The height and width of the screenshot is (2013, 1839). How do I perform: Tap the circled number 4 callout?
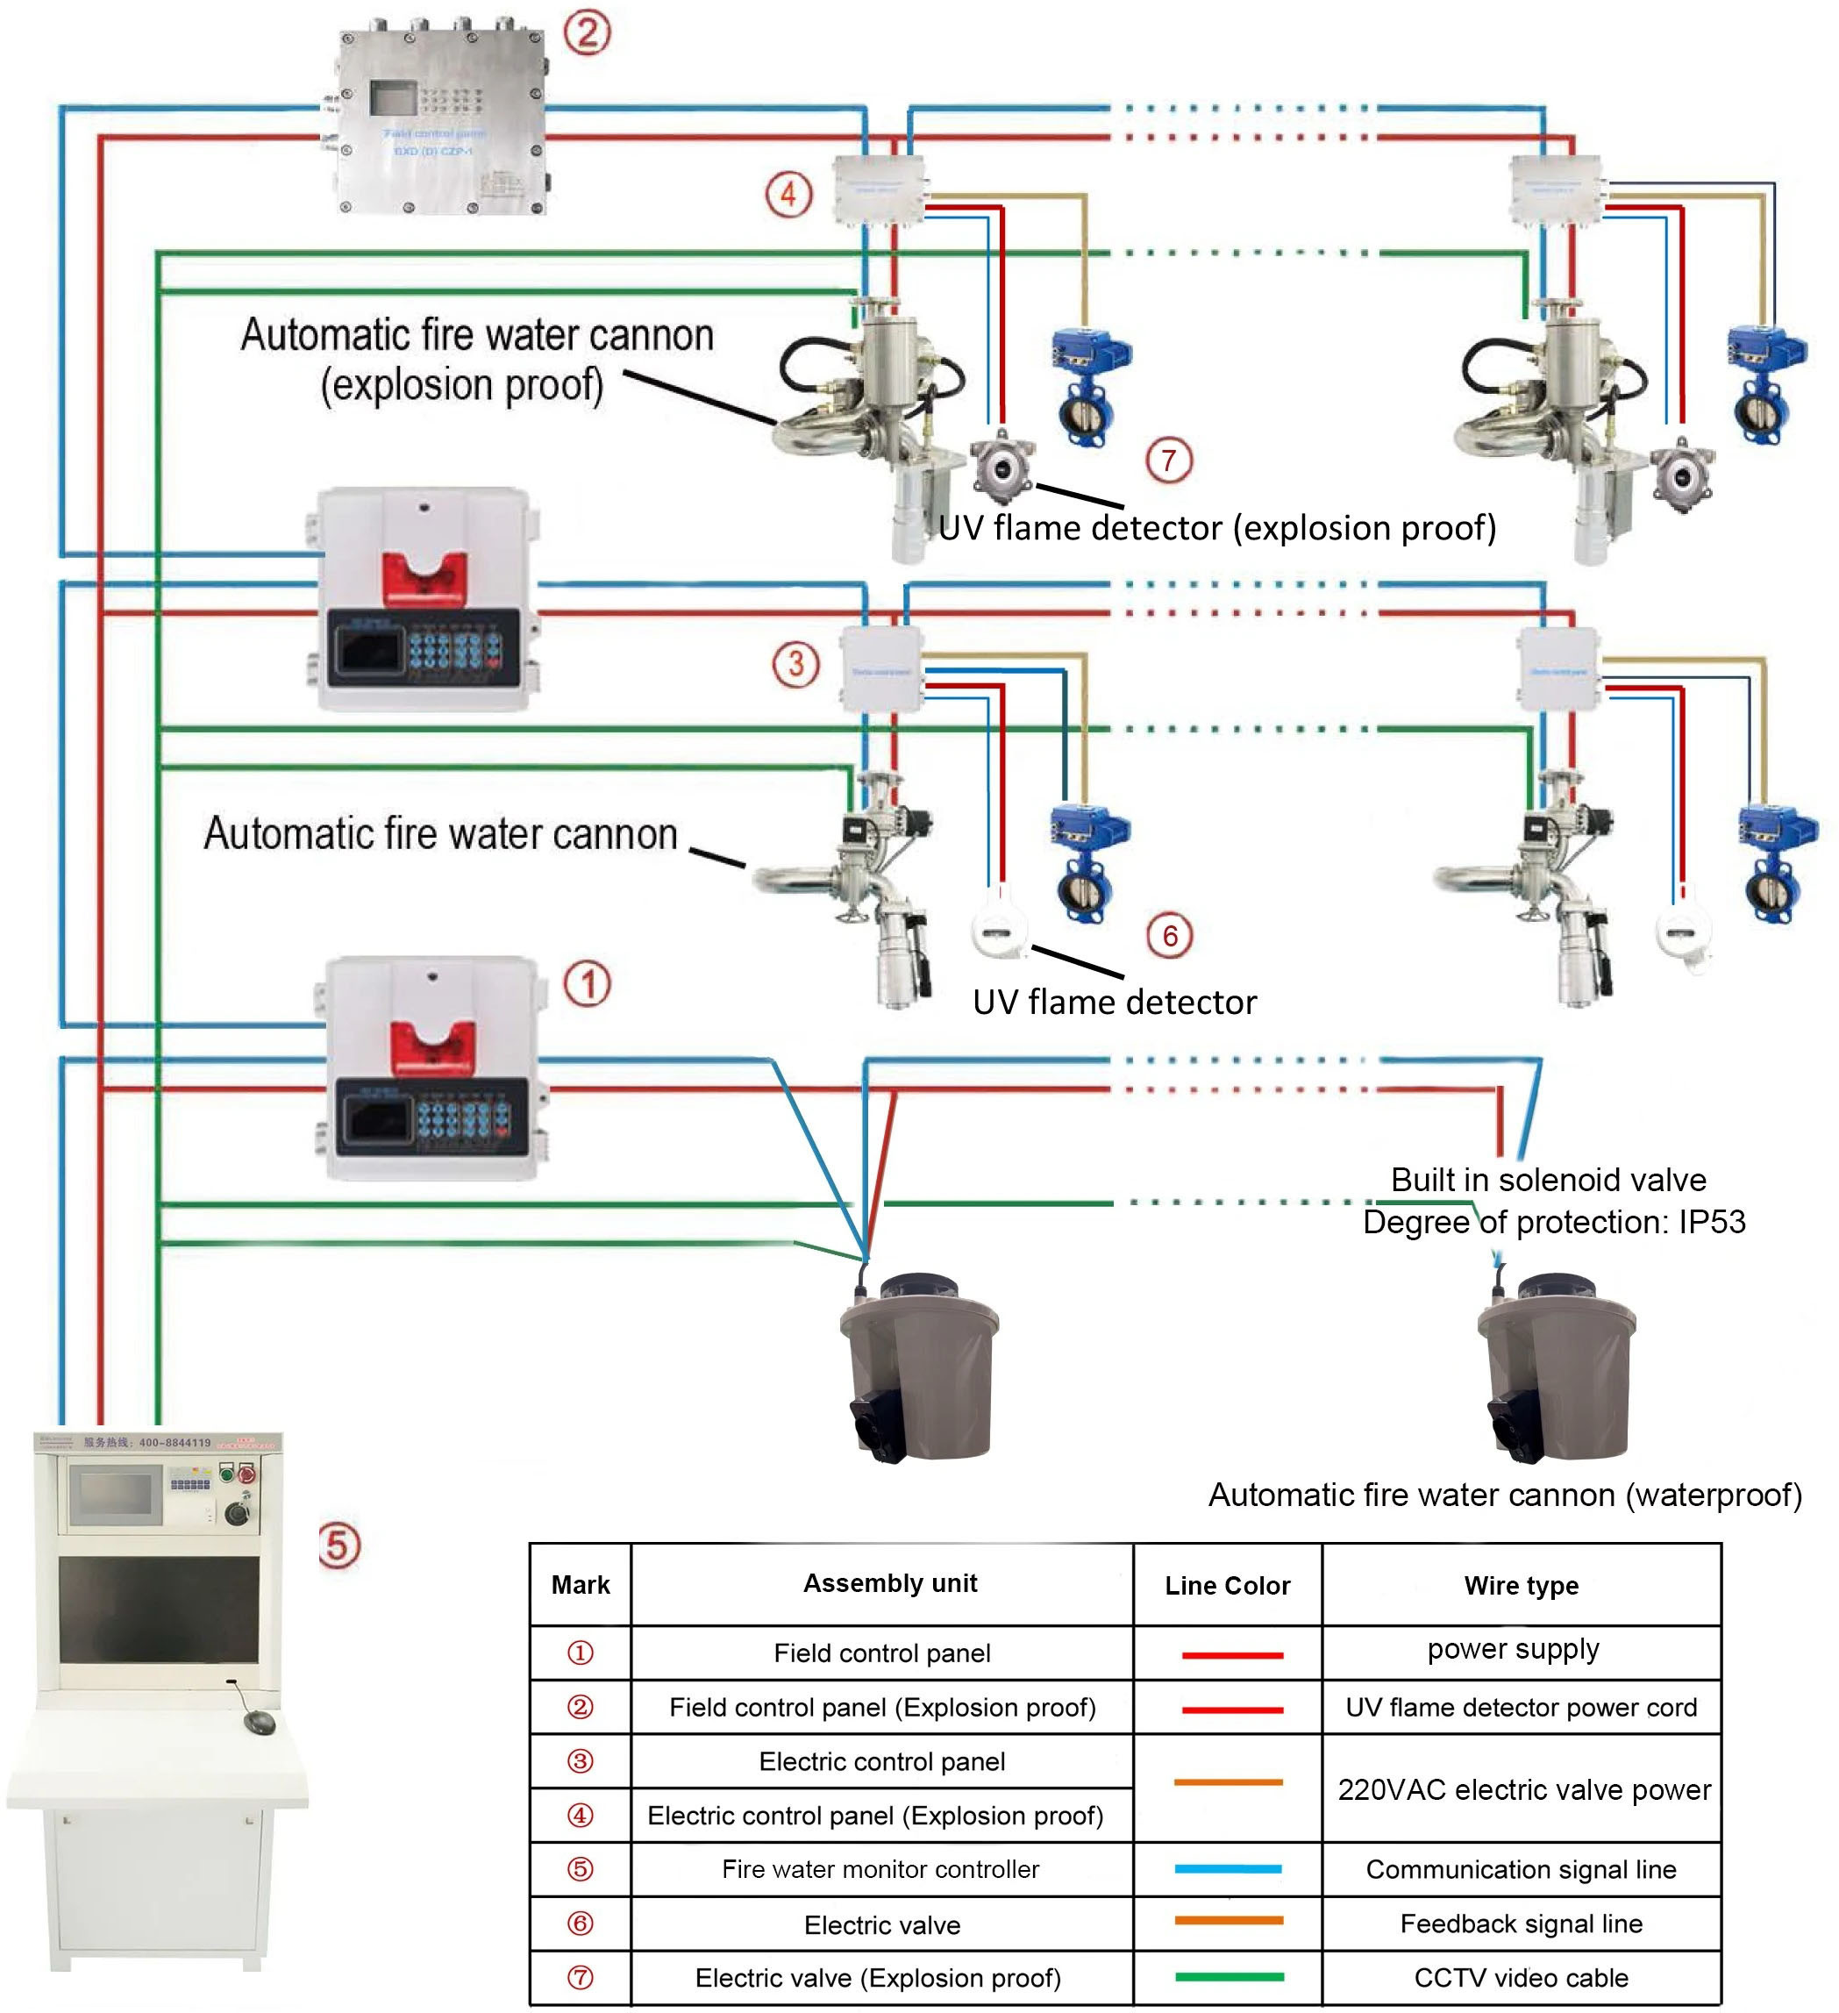coord(788,194)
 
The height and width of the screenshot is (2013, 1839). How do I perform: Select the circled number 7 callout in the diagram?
coord(1168,460)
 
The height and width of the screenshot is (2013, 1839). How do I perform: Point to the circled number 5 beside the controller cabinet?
coord(339,1545)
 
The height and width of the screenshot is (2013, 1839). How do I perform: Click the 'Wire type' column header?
coord(1521,1586)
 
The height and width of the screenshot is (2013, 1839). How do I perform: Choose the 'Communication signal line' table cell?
coord(1521,1869)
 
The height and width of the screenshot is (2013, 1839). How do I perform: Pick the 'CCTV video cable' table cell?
coord(1521,1978)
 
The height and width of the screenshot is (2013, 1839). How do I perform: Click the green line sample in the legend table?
coord(1229,1977)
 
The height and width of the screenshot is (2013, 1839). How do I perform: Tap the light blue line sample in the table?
coord(1228,1869)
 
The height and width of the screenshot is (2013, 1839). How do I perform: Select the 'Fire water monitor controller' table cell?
coord(880,1869)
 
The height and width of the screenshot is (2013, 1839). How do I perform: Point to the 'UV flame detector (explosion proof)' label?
coord(1217,527)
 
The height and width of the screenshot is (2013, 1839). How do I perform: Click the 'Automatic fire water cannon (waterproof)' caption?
coord(1505,1495)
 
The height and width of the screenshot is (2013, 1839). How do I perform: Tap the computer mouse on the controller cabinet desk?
coord(260,1722)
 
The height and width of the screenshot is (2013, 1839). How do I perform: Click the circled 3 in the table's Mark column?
coord(580,1761)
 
